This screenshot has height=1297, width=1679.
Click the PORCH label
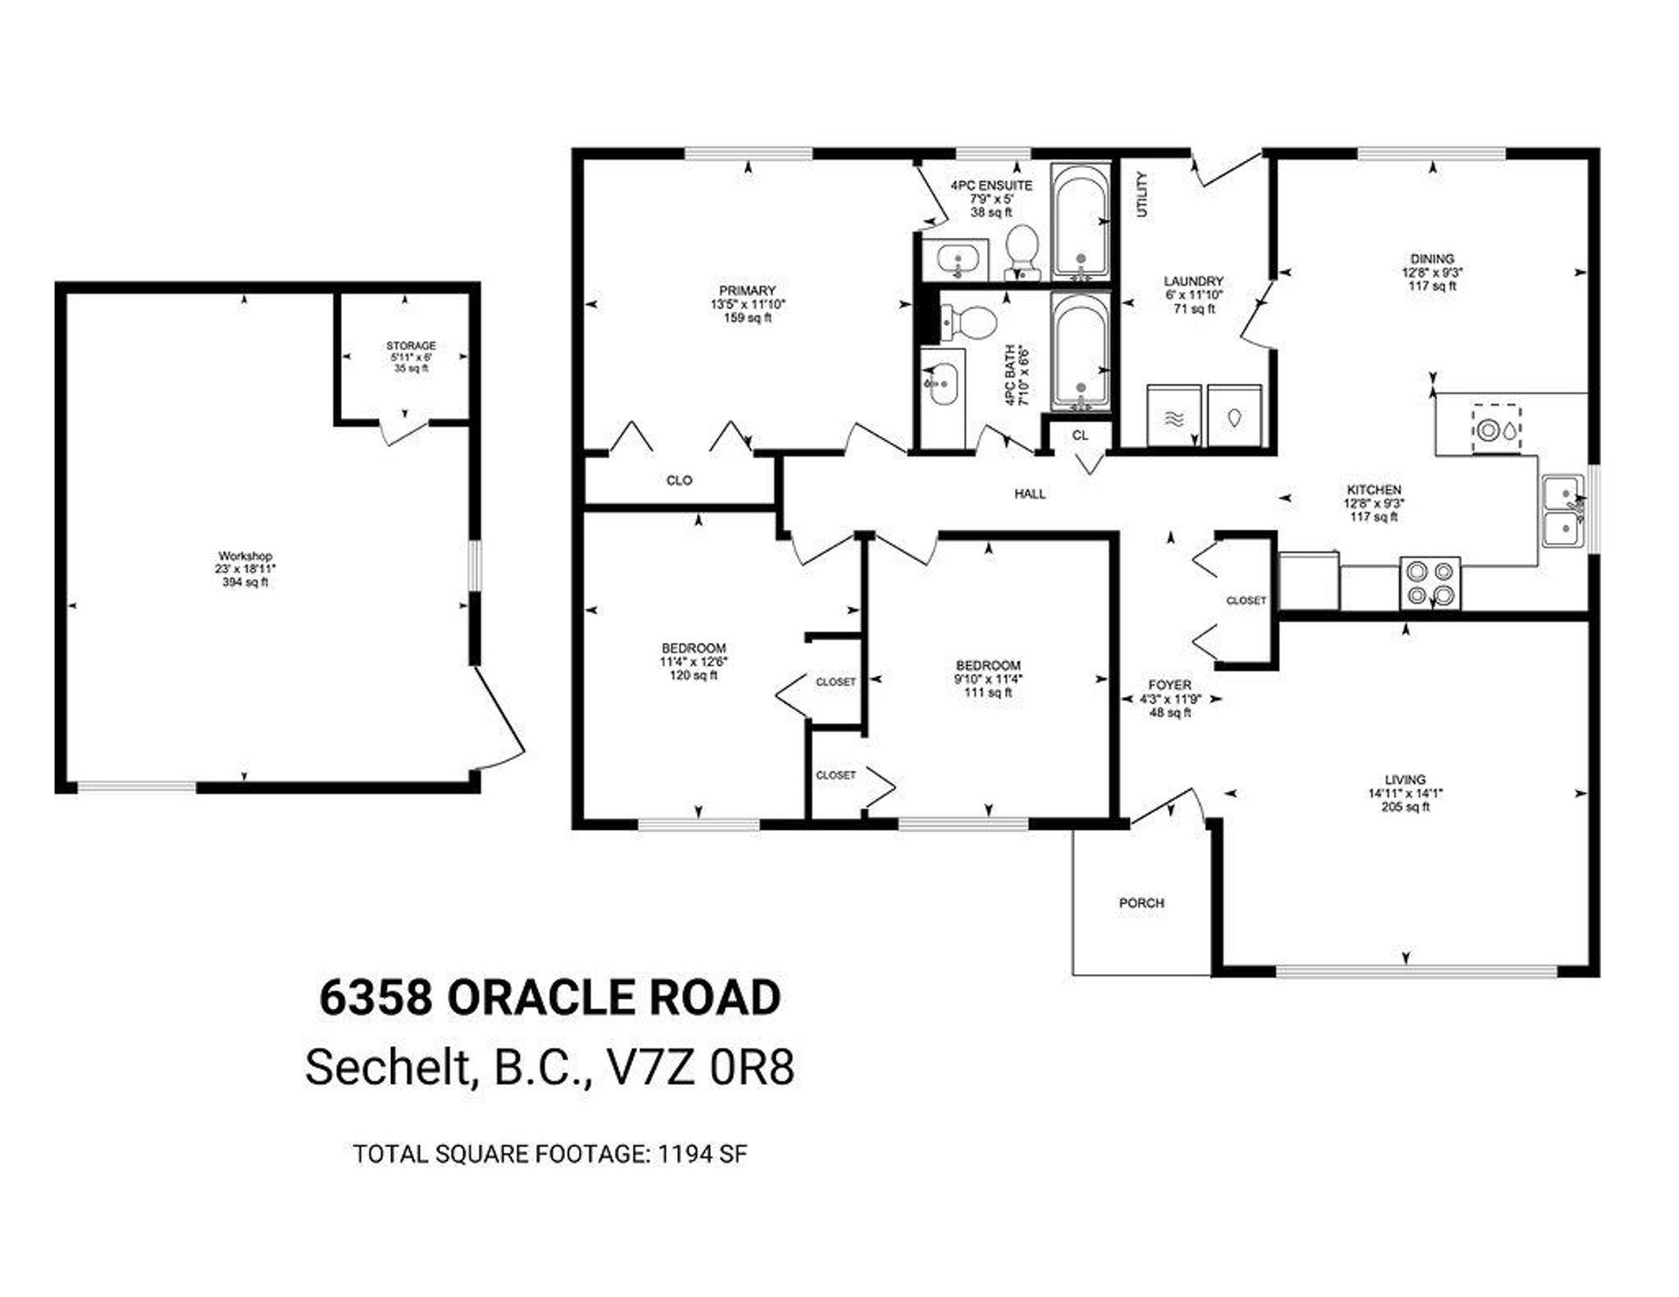pos(1141,903)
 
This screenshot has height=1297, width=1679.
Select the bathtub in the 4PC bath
pos(1081,352)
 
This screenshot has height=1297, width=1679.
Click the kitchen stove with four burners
pos(1430,582)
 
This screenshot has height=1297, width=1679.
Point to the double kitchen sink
pos(1563,512)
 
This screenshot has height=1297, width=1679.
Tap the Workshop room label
pos(245,556)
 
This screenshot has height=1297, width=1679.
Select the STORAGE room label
pos(411,346)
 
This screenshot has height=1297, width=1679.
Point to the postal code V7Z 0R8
pos(700,1067)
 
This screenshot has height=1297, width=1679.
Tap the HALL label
pos(1030,494)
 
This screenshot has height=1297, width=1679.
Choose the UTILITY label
pos(1141,194)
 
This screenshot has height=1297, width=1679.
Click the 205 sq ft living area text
pos(1405,807)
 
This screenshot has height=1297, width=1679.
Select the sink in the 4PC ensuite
pos(955,260)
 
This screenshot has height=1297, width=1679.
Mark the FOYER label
pos(1170,686)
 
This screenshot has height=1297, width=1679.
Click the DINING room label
pos(1432,259)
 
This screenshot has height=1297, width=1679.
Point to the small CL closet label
pos(1081,435)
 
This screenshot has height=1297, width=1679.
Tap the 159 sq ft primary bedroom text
pos(742,318)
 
